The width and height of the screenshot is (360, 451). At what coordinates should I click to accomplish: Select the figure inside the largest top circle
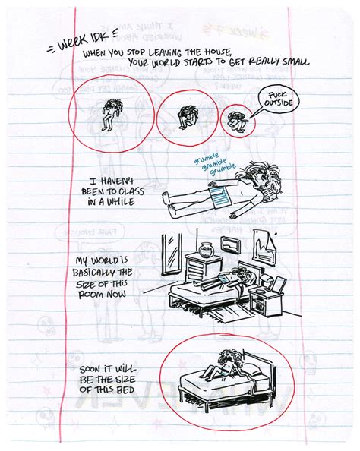click(112, 115)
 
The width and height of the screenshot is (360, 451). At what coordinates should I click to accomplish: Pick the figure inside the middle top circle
click(185, 116)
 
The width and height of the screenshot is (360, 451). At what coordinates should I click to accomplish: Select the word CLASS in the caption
click(134, 194)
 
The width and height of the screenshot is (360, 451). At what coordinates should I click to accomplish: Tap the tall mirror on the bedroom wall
click(172, 250)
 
